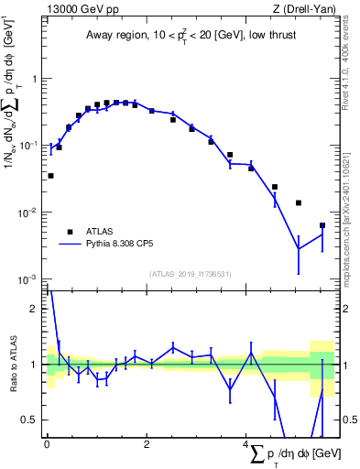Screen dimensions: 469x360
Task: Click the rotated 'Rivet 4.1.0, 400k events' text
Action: tap(351, 60)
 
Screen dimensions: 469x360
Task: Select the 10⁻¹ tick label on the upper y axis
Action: tap(30, 146)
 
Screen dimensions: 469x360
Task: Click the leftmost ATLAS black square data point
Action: tap(50, 175)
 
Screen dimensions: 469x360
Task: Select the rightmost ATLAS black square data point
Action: tap(322, 225)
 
